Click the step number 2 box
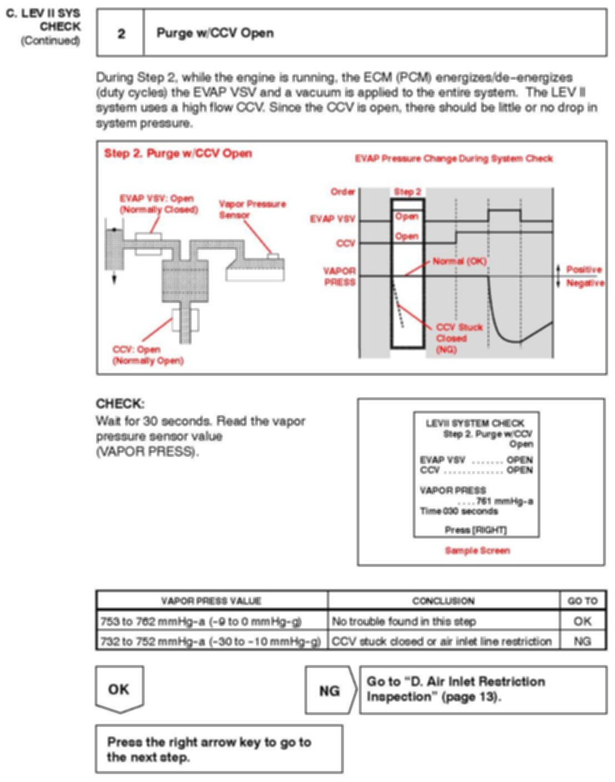(x=120, y=33)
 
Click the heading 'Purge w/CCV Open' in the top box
(x=215, y=33)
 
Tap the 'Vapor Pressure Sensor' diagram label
(x=252, y=209)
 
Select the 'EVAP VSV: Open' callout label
(x=158, y=204)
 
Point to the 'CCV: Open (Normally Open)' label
(x=147, y=355)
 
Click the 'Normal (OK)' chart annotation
(x=459, y=261)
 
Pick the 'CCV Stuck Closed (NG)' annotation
(x=458, y=338)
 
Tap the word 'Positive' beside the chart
(x=583, y=269)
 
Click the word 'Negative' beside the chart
(x=584, y=283)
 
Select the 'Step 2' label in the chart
(x=407, y=192)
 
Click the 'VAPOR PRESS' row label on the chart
(x=339, y=276)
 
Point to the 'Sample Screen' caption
(x=477, y=550)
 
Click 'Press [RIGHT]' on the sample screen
(x=476, y=530)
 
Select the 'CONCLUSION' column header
(x=443, y=601)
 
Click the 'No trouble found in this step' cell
(x=404, y=621)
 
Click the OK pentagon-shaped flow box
(x=119, y=689)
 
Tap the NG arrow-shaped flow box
(x=329, y=690)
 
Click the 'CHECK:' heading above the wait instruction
(x=120, y=404)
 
